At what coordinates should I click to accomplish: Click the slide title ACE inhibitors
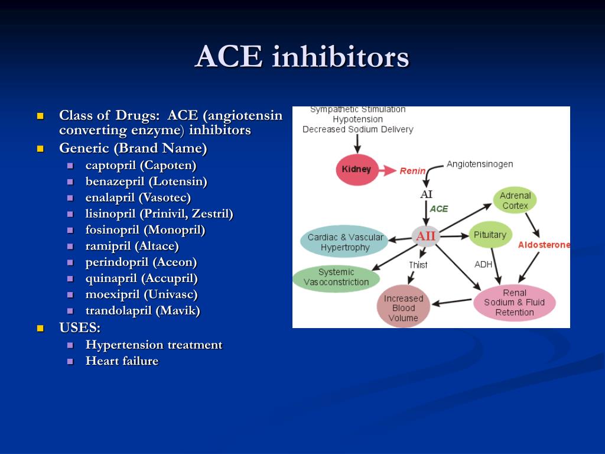[302, 57]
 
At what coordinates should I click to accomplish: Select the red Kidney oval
[357, 170]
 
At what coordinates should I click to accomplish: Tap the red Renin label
[412, 171]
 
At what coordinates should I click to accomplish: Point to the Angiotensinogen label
[479, 164]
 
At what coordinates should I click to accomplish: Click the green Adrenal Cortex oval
[515, 200]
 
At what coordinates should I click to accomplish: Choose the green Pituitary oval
[490, 235]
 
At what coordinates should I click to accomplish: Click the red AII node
[425, 236]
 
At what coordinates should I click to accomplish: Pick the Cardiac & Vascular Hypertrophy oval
[345, 242]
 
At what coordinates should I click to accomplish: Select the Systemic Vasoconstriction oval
[336, 277]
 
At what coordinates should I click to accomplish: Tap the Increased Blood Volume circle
[404, 307]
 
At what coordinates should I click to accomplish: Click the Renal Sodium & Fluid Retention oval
[514, 303]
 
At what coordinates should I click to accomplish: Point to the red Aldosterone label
[544, 245]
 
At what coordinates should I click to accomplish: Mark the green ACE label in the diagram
[439, 209]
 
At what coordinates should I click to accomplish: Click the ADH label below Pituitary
[483, 264]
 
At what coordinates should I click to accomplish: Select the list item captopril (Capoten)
[141, 166]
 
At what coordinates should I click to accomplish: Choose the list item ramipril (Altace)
[132, 246]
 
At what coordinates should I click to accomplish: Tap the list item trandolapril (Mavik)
[142, 310]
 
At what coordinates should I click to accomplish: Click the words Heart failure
[122, 361]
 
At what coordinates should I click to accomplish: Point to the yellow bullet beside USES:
[40, 328]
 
